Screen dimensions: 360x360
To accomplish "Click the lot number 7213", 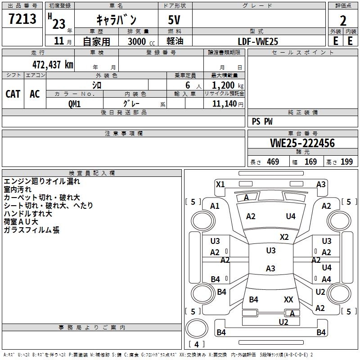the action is (22, 18).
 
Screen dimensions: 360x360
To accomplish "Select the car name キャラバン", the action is (117, 20).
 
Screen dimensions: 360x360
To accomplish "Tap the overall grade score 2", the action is (343, 21).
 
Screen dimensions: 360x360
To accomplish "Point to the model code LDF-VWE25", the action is (258, 41).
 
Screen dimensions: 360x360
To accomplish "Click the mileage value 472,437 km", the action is (53, 64).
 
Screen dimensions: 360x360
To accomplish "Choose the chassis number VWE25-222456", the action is (302, 143).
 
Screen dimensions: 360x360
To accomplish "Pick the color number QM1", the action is (74, 104).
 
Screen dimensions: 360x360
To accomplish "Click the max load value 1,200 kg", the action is (228, 85).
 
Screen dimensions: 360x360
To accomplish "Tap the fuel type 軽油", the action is (175, 41).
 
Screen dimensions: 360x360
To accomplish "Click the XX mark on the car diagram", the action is (288, 299).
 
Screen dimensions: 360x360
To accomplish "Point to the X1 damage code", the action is (220, 184).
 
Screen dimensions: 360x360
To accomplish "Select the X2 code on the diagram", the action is (284, 237).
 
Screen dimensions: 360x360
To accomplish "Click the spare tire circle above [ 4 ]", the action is (197, 328).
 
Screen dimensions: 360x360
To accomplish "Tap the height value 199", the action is (346, 162).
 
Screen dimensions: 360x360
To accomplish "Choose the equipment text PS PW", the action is (262, 121).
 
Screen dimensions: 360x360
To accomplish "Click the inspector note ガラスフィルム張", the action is (31, 229).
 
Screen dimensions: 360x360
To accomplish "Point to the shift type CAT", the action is (13, 94).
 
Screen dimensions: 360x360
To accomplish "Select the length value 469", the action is (273, 162).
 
